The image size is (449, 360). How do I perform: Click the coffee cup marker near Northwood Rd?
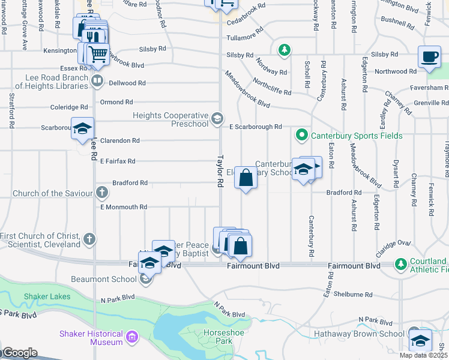tap(429, 57)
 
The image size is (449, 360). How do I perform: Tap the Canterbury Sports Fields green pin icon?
tap(303, 136)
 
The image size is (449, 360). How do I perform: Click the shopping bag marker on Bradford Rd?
tap(246, 178)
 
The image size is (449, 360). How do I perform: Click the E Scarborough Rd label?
tap(256, 127)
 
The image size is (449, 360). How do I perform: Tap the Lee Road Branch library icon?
tap(97, 80)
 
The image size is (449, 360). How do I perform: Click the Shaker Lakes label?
tap(40, 296)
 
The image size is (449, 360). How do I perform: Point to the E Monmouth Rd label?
tap(124, 207)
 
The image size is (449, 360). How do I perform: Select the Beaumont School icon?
tap(145, 278)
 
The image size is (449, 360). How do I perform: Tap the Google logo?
tap(19, 353)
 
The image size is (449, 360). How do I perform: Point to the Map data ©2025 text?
tap(424, 355)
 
